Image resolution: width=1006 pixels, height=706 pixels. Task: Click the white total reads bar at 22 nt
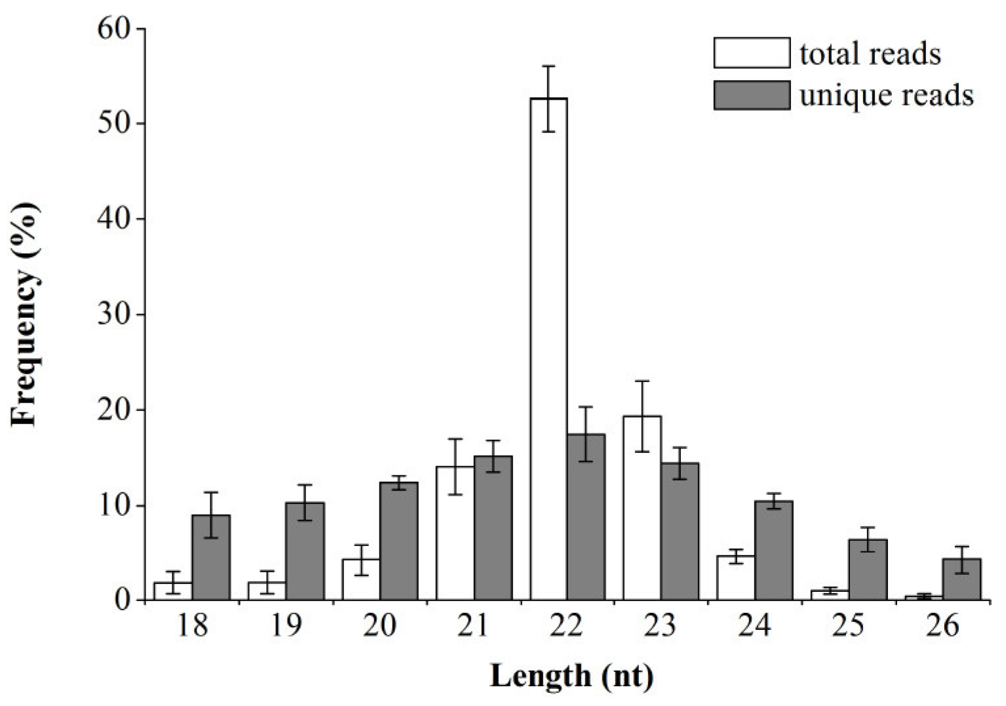coord(549,347)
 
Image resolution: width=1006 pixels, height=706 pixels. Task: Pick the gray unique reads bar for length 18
coord(210,557)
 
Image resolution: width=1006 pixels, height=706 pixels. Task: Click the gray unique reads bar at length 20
coord(398,541)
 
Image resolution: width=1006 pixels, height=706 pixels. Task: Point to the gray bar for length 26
coord(961,579)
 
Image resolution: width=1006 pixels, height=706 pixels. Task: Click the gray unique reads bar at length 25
coord(868,570)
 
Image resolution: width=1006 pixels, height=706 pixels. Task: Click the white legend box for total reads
coord(752,53)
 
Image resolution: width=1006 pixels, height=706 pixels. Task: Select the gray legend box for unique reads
coord(752,96)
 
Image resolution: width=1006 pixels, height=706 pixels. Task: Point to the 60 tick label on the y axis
coord(113,29)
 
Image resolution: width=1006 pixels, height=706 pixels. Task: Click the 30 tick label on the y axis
coord(113,315)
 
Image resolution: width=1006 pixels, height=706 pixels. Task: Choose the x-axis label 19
coord(286,625)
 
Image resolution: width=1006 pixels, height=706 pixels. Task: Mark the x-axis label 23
coord(661,625)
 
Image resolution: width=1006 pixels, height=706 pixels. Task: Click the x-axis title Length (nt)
coord(571,676)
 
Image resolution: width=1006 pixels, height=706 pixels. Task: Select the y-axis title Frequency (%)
coord(26,315)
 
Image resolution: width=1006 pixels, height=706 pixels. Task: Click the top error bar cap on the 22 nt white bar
coord(549,66)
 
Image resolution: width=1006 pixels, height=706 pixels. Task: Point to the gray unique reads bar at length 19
coord(305,551)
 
